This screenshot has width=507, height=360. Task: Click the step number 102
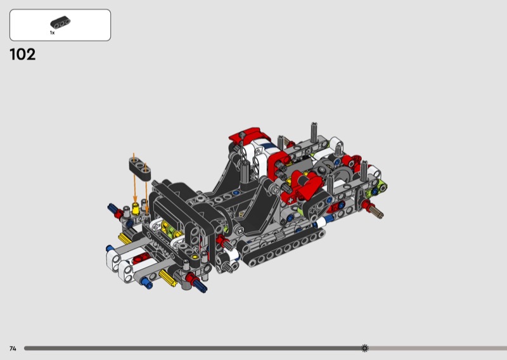(23, 55)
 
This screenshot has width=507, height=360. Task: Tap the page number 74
(13, 349)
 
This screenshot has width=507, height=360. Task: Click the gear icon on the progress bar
(365, 348)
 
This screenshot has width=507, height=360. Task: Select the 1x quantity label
(52, 33)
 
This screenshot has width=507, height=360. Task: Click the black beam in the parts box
(60, 23)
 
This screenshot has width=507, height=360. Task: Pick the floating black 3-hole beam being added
(140, 168)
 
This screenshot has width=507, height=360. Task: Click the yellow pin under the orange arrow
(136, 209)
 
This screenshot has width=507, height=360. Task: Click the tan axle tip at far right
(377, 212)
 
